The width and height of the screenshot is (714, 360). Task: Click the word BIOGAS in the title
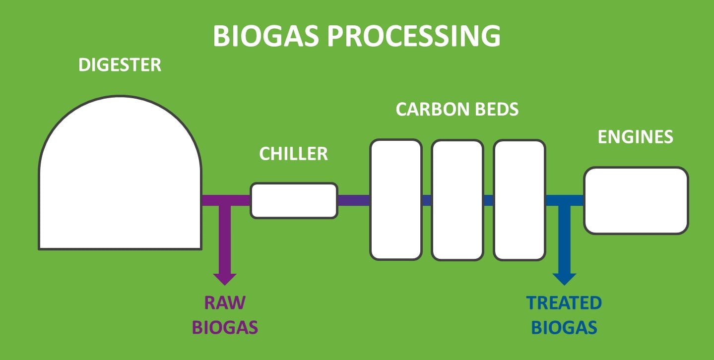[266, 36]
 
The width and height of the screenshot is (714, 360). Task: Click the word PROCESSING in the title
[414, 36]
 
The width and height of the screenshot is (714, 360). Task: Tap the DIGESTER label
[120, 64]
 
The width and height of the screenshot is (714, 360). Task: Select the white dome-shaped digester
[120, 173]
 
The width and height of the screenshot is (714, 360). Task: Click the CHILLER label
[293, 154]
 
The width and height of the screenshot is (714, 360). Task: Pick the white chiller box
[294, 200]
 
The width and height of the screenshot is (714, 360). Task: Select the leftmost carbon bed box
[396, 200]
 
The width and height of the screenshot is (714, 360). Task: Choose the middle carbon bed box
[457, 200]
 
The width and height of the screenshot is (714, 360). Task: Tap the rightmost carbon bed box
[519, 200]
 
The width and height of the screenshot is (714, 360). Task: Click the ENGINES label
[635, 137]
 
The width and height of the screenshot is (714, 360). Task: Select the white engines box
[636, 201]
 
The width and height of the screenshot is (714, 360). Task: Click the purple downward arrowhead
[225, 279]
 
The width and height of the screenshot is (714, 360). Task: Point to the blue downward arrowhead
[564, 279]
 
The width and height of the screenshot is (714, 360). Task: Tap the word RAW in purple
[225, 302]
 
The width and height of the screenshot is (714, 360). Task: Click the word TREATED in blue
[564, 302]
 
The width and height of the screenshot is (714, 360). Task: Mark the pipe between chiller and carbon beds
[354, 200]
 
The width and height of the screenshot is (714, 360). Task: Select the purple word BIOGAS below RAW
[225, 327]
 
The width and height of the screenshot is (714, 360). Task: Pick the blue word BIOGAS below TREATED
[564, 327]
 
